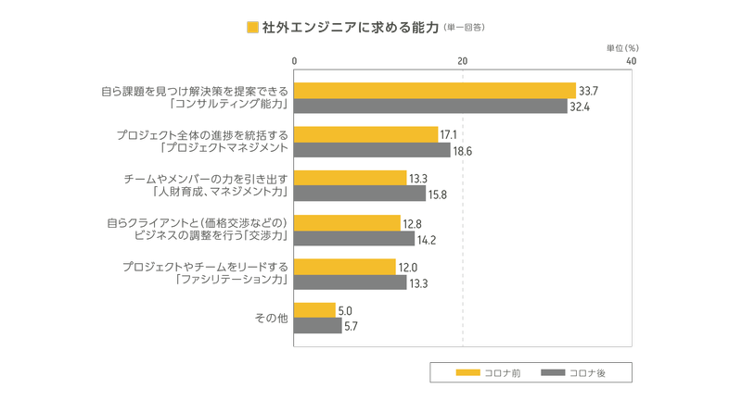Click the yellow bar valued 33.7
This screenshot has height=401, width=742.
coord(434,91)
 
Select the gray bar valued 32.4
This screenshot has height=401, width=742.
coord(429,107)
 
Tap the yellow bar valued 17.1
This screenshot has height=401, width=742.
coord(365,135)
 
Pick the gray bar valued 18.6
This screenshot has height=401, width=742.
coord(372,150)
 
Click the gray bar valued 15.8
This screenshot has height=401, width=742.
coord(360,194)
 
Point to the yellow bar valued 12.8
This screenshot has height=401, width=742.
coord(347,222)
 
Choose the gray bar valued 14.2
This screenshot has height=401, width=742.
coord(353,238)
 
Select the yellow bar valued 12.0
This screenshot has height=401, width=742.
coord(344,267)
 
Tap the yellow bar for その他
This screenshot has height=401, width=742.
coord(314,310)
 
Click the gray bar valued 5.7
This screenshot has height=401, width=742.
coord(317,326)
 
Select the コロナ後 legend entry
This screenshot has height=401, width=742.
coord(572,372)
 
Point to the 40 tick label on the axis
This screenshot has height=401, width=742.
coord(631,60)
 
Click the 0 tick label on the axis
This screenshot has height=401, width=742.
coord(294,60)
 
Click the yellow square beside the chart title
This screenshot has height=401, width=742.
coord(252,27)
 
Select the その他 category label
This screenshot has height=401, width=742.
coord(272,319)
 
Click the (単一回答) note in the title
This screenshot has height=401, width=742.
coord(464,28)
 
